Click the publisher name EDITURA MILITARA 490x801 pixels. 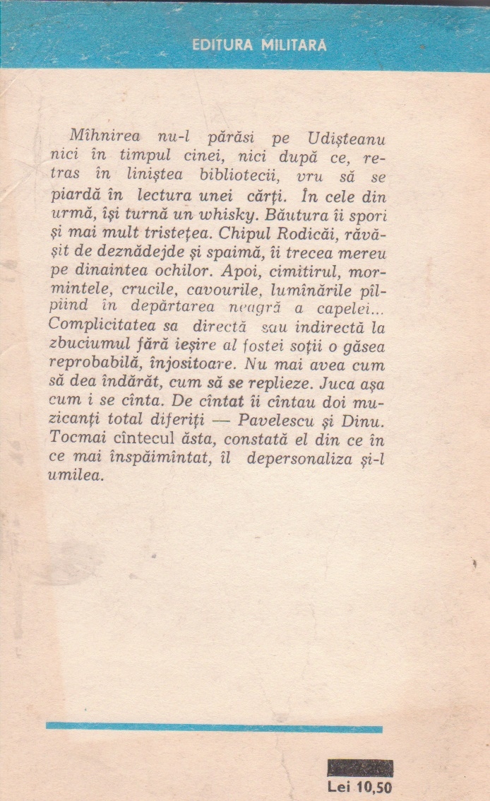click(x=259, y=45)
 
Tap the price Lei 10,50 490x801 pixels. click(x=360, y=786)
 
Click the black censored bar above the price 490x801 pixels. click(x=360, y=768)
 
